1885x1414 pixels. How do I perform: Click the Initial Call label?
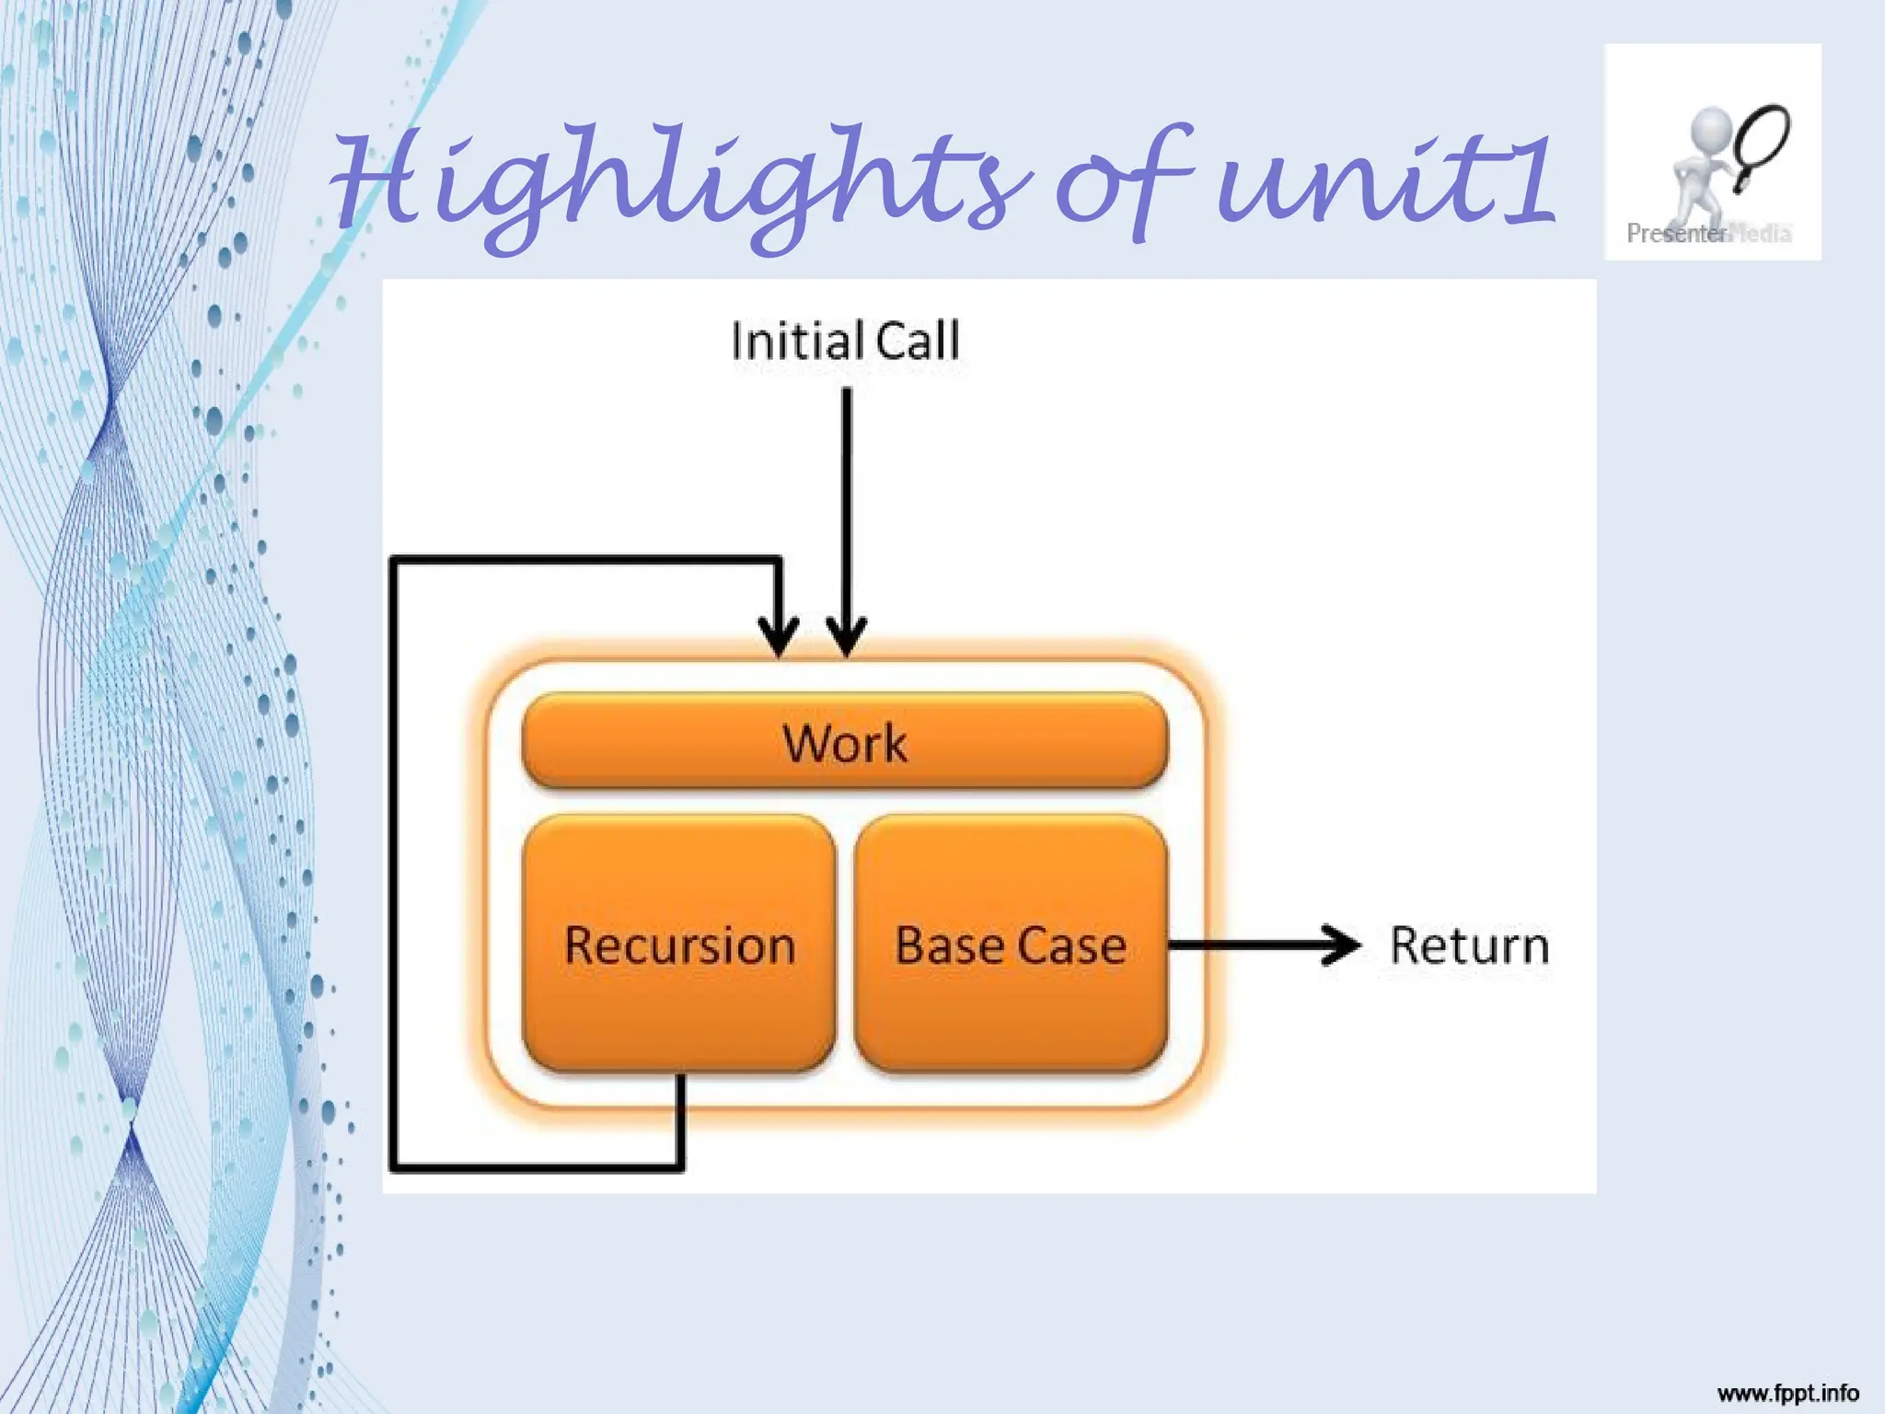click(845, 341)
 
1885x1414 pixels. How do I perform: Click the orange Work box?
click(845, 742)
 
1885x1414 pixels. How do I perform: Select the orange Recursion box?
click(679, 945)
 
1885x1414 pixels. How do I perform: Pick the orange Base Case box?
click(1011, 945)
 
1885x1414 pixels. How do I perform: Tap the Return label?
click(1469, 945)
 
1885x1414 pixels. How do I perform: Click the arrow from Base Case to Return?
click(1261, 945)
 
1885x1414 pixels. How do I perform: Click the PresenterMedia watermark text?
click(1708, 234)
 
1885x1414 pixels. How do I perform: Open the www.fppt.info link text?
click(1787, 1393)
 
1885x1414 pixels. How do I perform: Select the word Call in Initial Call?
click(917, 341)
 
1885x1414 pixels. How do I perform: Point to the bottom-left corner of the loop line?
click(394, 1168)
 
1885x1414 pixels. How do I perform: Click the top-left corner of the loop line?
click(394, 560)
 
